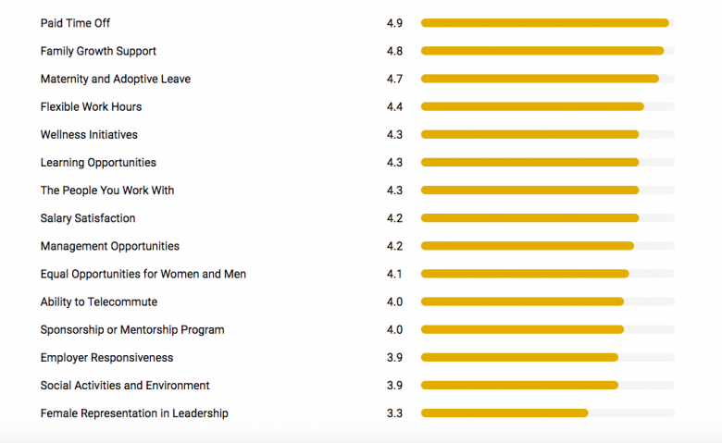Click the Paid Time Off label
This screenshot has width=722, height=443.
pos(75,23)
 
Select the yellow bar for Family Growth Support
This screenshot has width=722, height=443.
pos(542,51)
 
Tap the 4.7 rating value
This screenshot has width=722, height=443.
pos(394,79)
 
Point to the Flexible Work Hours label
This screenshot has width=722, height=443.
pos(91,106)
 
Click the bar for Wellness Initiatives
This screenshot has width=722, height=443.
pos(529,134)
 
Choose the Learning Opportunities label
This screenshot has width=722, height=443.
pos(98,163)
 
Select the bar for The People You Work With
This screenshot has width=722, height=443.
pos(529,191)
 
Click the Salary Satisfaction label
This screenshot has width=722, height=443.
pos(88,218)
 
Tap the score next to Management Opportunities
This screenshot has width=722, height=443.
pos(394,246)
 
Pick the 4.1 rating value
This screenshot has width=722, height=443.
pos(394,274)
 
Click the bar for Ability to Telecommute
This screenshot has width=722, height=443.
pos(522,301)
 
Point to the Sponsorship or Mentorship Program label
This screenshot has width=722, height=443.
pos(132,329)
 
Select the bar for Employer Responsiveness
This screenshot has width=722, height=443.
pos(519,358)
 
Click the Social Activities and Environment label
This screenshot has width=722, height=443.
pos(125,386)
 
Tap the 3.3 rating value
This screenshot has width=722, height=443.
pos(394,413)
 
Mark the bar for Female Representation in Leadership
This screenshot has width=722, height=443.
pos(504,413)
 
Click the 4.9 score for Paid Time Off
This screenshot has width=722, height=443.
pos(394,23)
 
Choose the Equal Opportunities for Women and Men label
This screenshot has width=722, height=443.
pos(143,274)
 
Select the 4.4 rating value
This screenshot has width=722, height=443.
pos(394,106)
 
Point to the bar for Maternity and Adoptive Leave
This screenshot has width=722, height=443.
pos(540,79)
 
